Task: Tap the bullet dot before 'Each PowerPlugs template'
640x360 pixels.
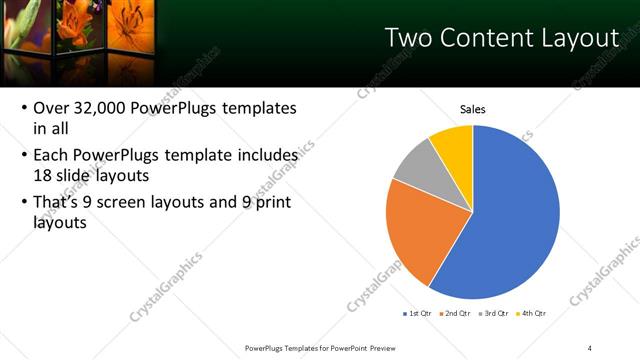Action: point(23,157)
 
